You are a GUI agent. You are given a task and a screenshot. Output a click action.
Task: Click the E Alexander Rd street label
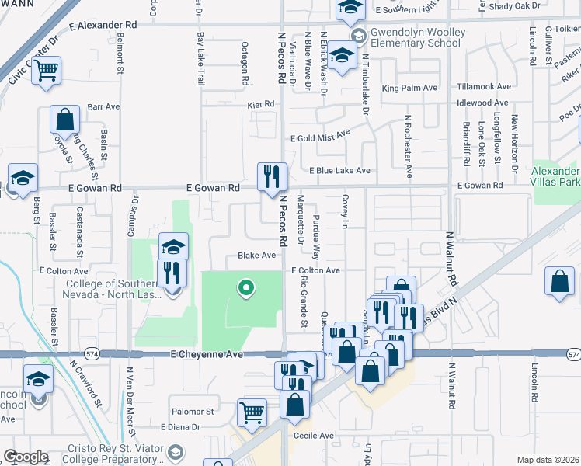tap(103, 25)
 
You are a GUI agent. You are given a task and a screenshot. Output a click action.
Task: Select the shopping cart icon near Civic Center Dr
tap(47, 71)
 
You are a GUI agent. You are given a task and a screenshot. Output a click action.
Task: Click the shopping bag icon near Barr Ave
tap(64, 120)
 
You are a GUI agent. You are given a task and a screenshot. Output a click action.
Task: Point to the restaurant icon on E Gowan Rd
tap(272, 176)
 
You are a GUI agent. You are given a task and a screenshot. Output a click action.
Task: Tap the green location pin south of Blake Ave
tap(246, 289)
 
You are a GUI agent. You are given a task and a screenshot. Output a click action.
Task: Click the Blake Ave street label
tap(257, 255)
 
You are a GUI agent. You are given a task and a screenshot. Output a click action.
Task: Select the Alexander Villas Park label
tap(556, 176)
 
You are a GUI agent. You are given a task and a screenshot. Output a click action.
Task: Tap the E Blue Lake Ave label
tap(339, 170)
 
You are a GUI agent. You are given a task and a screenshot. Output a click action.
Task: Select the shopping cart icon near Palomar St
tap(251, 413)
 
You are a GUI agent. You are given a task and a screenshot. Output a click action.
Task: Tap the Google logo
tap(26, 457)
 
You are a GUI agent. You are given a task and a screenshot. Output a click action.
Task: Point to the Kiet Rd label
tap(261, 104)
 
